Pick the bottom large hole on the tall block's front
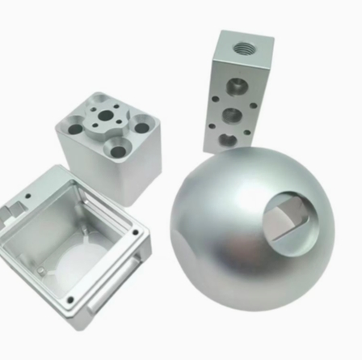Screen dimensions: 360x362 pos(229,139)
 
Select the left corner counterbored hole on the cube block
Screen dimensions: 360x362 pos(77,128)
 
